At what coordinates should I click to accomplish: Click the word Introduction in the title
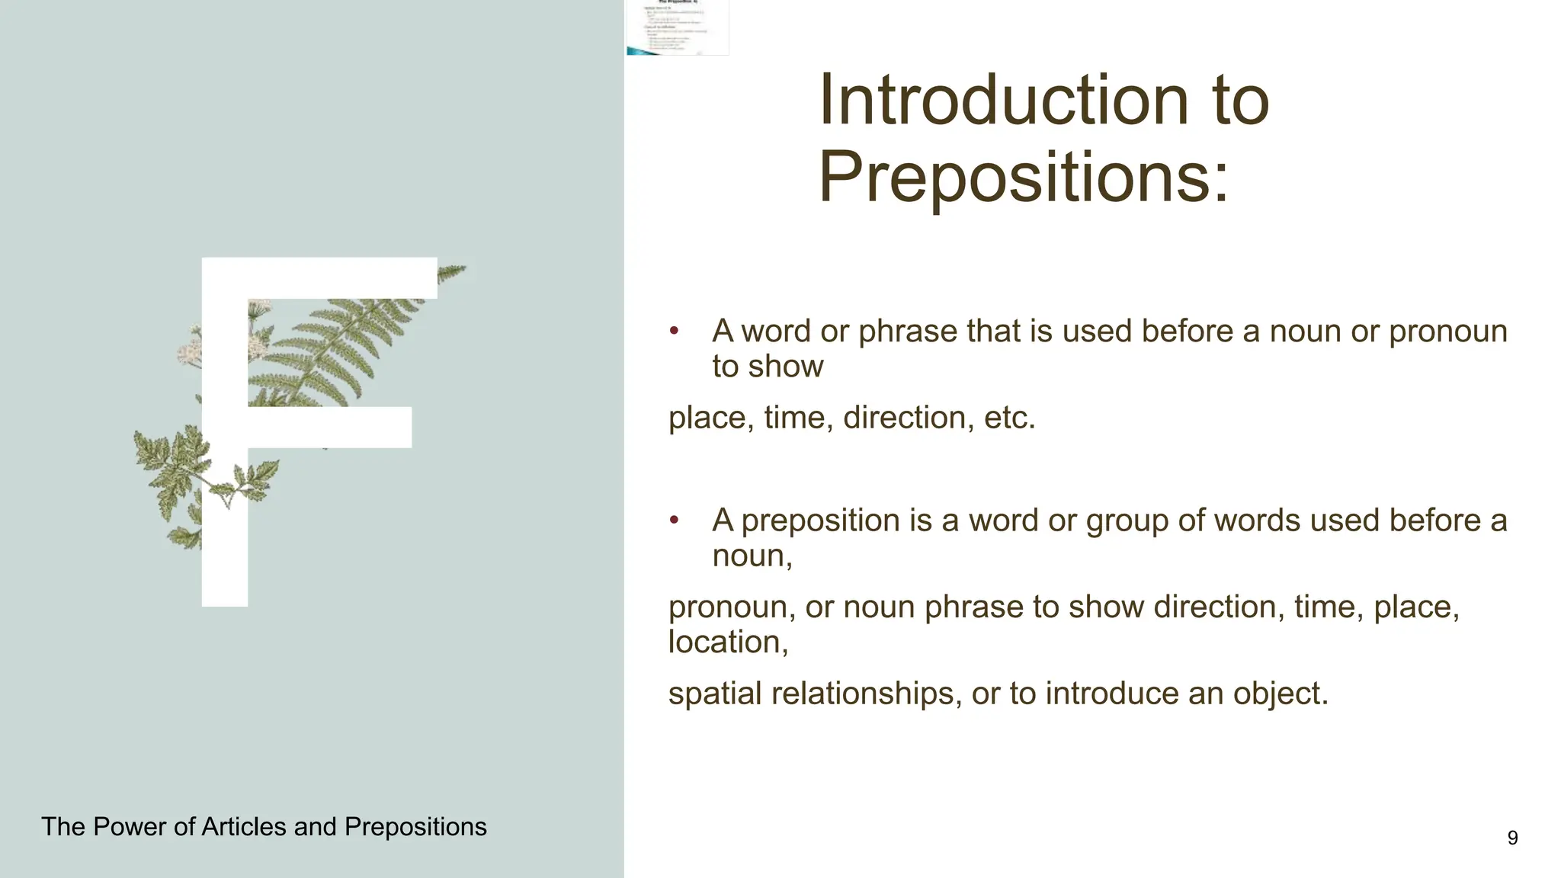tap(1004, 101)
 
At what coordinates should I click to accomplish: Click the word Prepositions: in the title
tap(1024, 177)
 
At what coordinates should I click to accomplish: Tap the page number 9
tap(1512, 838)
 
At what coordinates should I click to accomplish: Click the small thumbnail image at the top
tap(678, 27)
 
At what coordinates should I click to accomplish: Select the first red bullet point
tap(674, 331)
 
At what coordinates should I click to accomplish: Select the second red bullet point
tap(674, 521)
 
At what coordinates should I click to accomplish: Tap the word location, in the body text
tap(728, 642)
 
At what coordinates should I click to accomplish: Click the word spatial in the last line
tap(715, 694)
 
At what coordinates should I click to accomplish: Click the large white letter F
tap(225, 457)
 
